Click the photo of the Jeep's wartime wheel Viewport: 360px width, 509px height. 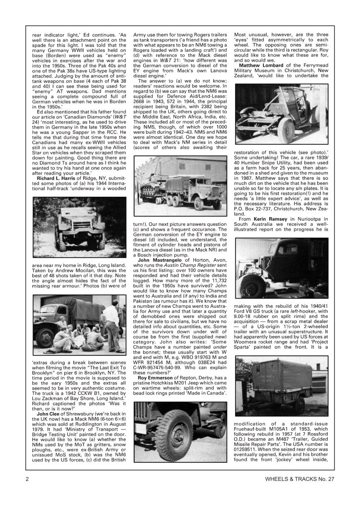click(x=180, y=431)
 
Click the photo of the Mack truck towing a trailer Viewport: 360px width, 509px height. click(x=180, y=186)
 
